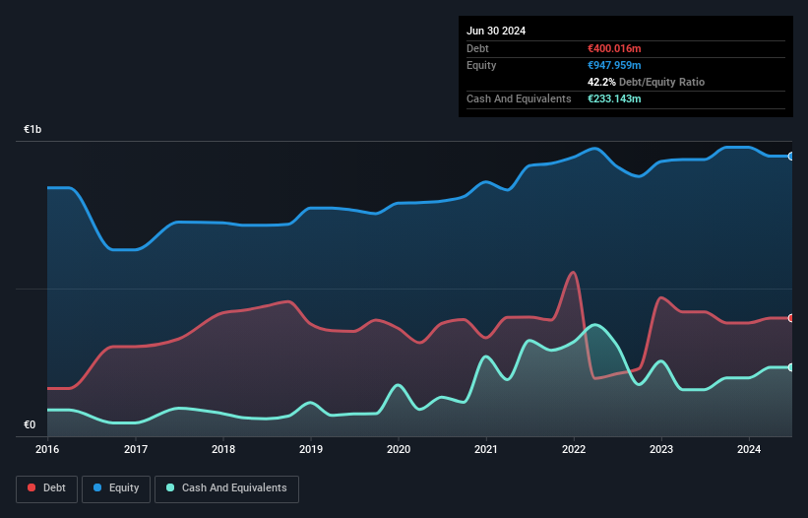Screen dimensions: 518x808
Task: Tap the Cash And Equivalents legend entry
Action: [x=226, y=488]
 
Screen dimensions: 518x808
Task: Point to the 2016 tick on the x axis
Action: [x=48, y=449]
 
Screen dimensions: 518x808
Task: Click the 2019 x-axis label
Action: [x=311, y=449]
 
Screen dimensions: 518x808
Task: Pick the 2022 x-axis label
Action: [x=574, y=449]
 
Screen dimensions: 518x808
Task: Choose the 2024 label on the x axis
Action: [x=749, y=449]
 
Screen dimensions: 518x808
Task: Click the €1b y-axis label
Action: [x=33, y=130]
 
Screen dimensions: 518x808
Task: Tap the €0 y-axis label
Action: [x=30, y=425]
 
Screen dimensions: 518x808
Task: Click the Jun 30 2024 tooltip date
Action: [x=496, y=31]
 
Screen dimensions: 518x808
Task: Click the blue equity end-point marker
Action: [x=790, y=156]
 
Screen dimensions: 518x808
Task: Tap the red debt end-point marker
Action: [x=790, y=318]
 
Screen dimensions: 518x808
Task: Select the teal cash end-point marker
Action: [x=790, y=367]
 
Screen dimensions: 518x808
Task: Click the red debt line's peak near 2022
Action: [x=573, y=272]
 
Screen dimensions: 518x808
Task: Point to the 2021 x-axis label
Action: [x=486, y=449]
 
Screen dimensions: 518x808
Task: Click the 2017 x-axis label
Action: [x=136, y=449]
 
